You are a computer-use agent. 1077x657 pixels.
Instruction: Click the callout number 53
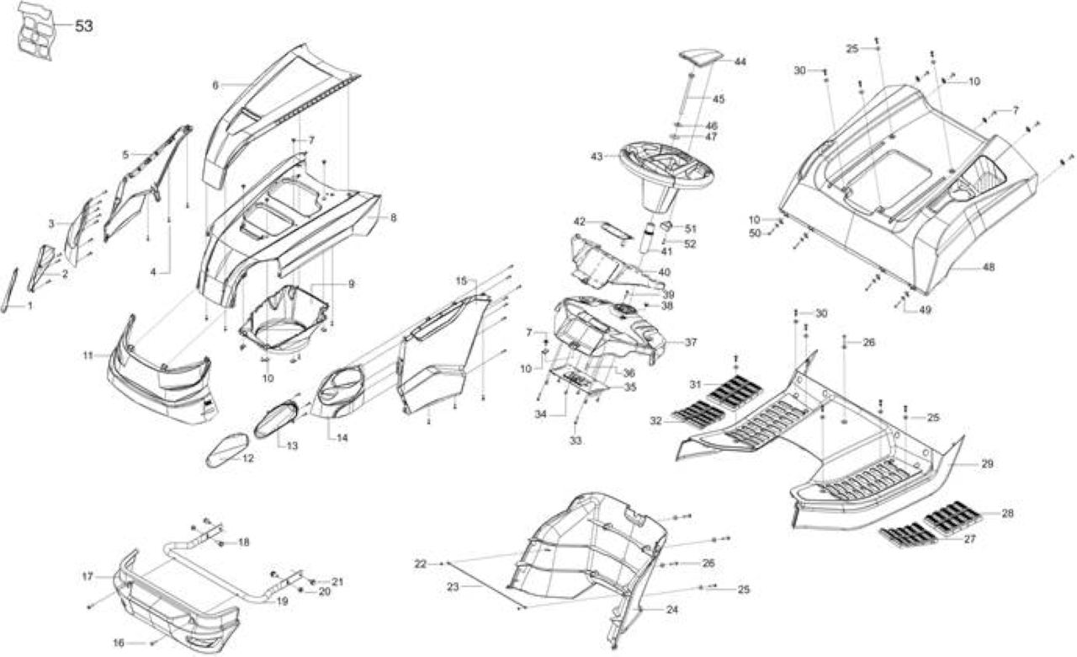pos(83,26)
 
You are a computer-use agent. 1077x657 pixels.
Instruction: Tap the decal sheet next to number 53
pos(36,31)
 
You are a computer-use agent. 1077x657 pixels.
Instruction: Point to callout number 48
pos(988,267)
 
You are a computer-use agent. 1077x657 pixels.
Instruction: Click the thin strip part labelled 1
pos(9,291)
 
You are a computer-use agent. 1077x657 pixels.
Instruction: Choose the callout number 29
pos(987,464)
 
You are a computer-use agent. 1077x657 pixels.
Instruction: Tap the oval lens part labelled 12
pos(227,450)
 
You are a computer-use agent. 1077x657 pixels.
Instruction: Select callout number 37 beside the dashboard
pos(691,342)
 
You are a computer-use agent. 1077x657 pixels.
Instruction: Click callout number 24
pos(672,609)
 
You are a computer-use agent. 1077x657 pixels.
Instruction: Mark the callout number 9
pos(352,284)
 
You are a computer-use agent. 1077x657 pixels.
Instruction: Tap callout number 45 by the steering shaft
pos(718,99)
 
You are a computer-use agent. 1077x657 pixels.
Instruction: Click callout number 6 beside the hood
pos(215,85)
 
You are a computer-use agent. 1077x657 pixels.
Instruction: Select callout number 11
pos(88,355)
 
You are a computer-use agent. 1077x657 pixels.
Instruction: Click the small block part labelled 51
pos(666,225)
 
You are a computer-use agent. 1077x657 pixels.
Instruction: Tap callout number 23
pos(453,587)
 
